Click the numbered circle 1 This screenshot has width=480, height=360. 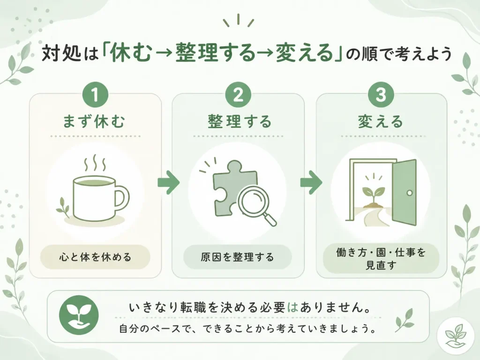tap(95, 95)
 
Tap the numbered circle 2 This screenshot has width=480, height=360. tap(238, 95)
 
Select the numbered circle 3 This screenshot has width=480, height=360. tap(381, 95)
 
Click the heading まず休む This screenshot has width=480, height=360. tap(94, 121)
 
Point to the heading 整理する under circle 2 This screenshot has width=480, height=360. tap(240, 121)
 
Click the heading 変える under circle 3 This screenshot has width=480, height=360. tap(381, 121)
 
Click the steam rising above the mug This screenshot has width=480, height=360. tap(95, 163)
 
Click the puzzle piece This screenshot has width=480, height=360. tap(232, 184)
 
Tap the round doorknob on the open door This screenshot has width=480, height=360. tap(410, 193)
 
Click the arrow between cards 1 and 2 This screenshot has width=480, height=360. tap(168, 182)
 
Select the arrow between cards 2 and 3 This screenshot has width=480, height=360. tap(311, 182)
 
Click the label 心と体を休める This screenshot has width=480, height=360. tap(95, 257)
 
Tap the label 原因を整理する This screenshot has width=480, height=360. tap(238, 257)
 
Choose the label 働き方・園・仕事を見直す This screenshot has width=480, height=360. tap(381, 259)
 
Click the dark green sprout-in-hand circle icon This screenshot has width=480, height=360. tap(79, 315)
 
